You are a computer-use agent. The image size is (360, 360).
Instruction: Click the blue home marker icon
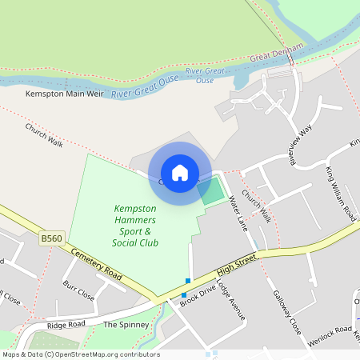click(180, 173)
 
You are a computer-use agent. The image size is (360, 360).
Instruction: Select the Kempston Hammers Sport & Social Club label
click(135, 226)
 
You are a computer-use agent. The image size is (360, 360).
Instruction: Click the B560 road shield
click(51, 238)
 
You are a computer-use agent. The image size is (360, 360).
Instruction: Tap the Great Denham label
click(277, 54)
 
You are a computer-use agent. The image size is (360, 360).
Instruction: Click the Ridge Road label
click(66, 326)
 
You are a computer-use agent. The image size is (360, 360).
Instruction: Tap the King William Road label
click(340, 192)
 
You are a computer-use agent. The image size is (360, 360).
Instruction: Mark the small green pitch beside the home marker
click(213, 191)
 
